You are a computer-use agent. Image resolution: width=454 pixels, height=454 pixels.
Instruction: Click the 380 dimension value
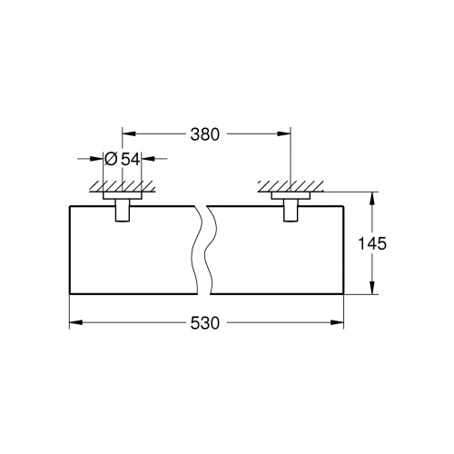coord(204,134)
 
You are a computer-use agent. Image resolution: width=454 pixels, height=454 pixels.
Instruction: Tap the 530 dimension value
coord(204,323)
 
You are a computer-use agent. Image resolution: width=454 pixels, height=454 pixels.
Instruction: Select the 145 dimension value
coord(372,243)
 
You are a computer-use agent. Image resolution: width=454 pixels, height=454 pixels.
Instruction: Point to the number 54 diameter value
coord(131,159)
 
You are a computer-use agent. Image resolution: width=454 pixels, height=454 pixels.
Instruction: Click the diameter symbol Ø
coord(111,159)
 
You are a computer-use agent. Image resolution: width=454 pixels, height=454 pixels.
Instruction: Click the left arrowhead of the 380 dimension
coord(129,133)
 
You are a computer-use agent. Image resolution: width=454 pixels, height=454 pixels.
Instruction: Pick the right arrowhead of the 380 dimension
coord(284,133)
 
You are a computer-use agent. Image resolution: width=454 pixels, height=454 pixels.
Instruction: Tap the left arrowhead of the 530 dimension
coord(76,322)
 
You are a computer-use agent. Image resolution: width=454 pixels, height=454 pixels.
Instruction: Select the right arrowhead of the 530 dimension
coord(337,322)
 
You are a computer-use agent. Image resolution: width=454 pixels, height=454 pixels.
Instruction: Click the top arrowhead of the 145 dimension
coord(372,199)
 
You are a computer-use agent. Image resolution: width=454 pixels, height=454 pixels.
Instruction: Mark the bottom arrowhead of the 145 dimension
coord(372,287)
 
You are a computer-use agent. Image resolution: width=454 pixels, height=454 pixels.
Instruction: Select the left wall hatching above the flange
coord(123,186)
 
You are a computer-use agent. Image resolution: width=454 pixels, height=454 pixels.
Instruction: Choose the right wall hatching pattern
coord(291,186)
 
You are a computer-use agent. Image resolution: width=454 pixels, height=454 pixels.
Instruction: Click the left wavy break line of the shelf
coord(196,250)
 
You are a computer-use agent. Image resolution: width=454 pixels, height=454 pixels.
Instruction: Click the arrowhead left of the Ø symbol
coord(96,158)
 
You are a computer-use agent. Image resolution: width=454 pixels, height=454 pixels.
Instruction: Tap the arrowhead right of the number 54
coord(148,158)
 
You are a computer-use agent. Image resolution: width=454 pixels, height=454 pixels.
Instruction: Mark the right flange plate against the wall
coord(291,195)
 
